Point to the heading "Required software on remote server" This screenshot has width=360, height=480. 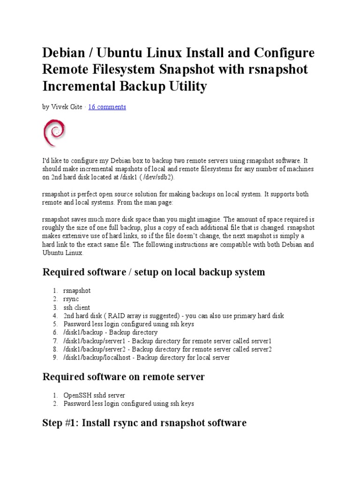click(123, 376)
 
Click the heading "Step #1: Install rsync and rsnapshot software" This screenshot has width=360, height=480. click(144, 422)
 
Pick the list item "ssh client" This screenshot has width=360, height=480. click(77, 307)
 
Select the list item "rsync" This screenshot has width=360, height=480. click(71, 299)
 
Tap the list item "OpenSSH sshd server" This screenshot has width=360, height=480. click(94, 395)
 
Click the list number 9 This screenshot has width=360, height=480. click(55, 358)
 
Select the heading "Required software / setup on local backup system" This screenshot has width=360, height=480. click(154, 272)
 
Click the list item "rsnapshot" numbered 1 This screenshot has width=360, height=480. click(77, 291)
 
